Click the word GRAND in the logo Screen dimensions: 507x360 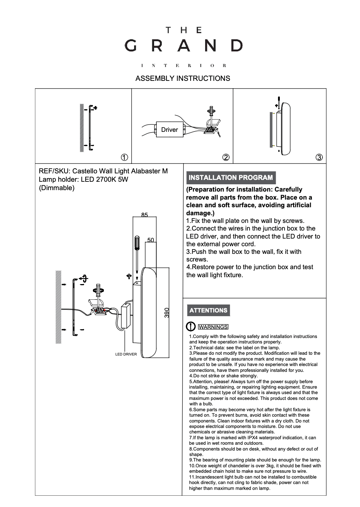pos(183,46)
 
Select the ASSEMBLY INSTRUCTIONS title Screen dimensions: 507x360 pos(183,78)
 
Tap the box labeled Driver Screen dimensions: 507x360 pos(169,130)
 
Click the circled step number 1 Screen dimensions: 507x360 pos(124,157)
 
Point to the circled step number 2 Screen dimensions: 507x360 pos(226,157)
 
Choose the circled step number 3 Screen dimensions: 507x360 pos(319,157)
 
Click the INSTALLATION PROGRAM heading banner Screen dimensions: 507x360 pos(231,178)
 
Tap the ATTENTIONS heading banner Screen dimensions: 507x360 pos(208,310)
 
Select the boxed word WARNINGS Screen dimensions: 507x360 pos(213,327)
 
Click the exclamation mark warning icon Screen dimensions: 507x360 pos(191,327)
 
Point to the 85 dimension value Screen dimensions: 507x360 pos(145,215)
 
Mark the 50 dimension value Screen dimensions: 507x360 pos(151,240)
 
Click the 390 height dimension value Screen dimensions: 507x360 pos(167,313)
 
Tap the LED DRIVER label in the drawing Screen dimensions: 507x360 pos(126,354)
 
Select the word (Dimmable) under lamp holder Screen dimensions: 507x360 pos(56,188)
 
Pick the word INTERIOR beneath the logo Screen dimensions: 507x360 pos(183,66)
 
